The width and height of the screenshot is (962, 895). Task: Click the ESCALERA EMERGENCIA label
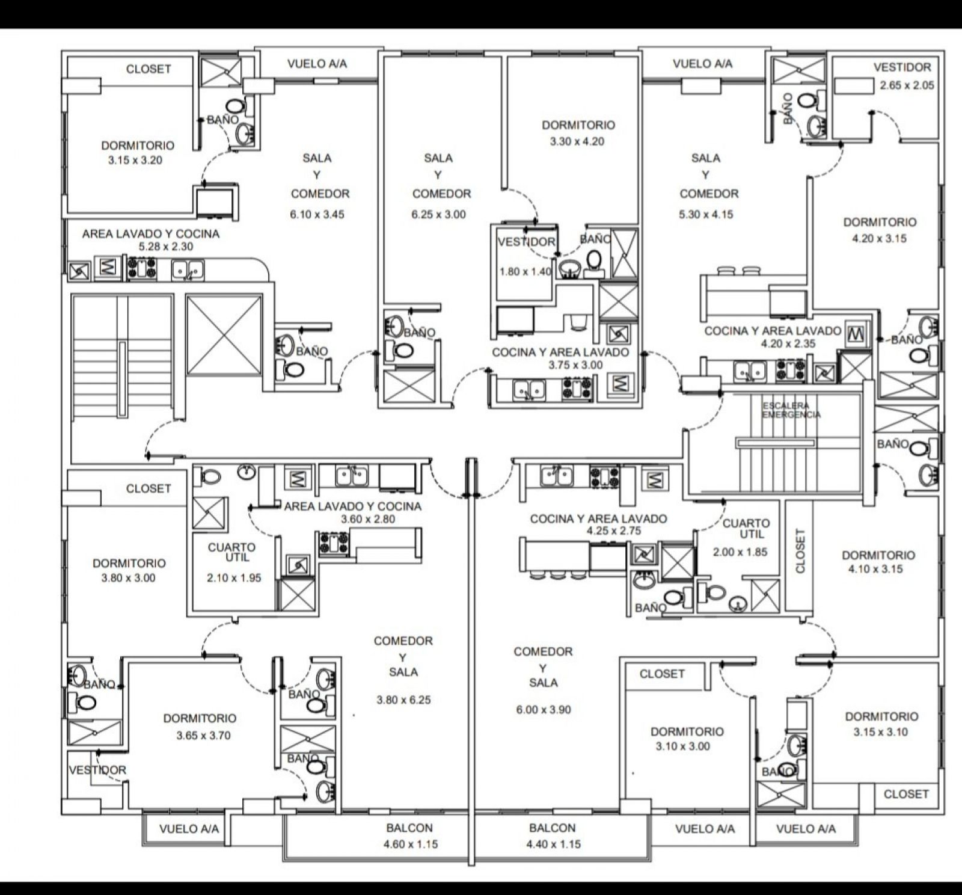tap(791, 410)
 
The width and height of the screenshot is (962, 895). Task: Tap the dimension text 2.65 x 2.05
tap(907, 85)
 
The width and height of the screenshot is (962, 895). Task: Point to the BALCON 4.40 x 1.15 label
tap(553, 836)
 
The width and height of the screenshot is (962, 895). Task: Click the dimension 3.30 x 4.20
tap(577, 142)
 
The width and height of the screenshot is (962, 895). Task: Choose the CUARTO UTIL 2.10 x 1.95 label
tap(233, 563)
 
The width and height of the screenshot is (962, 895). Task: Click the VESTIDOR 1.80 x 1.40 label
tap(526, 257)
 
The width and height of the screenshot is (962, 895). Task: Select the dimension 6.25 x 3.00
tap(439, 215)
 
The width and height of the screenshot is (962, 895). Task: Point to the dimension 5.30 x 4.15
tap(706, 215)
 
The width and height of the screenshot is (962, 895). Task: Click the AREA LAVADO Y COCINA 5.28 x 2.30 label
tap(150, 239)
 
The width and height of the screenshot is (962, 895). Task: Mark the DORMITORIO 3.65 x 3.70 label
tap(200, 727)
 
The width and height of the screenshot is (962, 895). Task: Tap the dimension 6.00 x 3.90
tap(544, 710)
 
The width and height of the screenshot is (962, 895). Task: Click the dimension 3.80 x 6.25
tap(404, 700)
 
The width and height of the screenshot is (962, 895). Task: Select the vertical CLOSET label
tap(800, 551)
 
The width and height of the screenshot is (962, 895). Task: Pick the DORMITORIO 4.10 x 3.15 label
tap(878, 562)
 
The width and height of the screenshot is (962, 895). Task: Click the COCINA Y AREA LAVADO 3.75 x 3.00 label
tap(560, 358)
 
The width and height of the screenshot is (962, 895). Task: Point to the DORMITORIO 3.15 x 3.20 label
tap(138, 153)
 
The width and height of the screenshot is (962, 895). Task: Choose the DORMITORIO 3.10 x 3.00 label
tap(687, 739)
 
